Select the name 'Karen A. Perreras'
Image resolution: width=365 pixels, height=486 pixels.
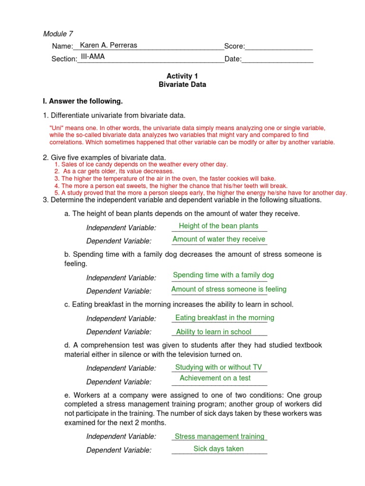[x=108, y=46]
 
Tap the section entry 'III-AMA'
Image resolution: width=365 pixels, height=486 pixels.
[x=93, y=56]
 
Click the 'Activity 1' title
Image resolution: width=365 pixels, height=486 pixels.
[x=179, y=76]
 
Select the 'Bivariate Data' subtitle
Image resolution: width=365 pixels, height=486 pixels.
[x=179, y=84]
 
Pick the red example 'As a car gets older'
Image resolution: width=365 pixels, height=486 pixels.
[x=114, y=171]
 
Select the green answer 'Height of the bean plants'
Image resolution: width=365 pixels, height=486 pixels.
[x=219, y=226]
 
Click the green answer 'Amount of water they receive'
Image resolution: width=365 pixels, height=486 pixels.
[x=219, y=239]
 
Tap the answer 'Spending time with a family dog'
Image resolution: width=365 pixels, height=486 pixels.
[x=223, y=275]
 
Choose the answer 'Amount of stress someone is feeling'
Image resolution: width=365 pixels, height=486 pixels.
[x=229, y=289]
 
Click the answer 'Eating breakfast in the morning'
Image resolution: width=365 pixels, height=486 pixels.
[x=225, y=318]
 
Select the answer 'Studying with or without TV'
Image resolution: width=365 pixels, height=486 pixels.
[x=219, y=367]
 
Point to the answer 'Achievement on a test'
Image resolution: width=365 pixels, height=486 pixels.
[x=215, y=378]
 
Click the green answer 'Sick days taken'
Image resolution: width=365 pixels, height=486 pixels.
[x=219, y=449]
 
